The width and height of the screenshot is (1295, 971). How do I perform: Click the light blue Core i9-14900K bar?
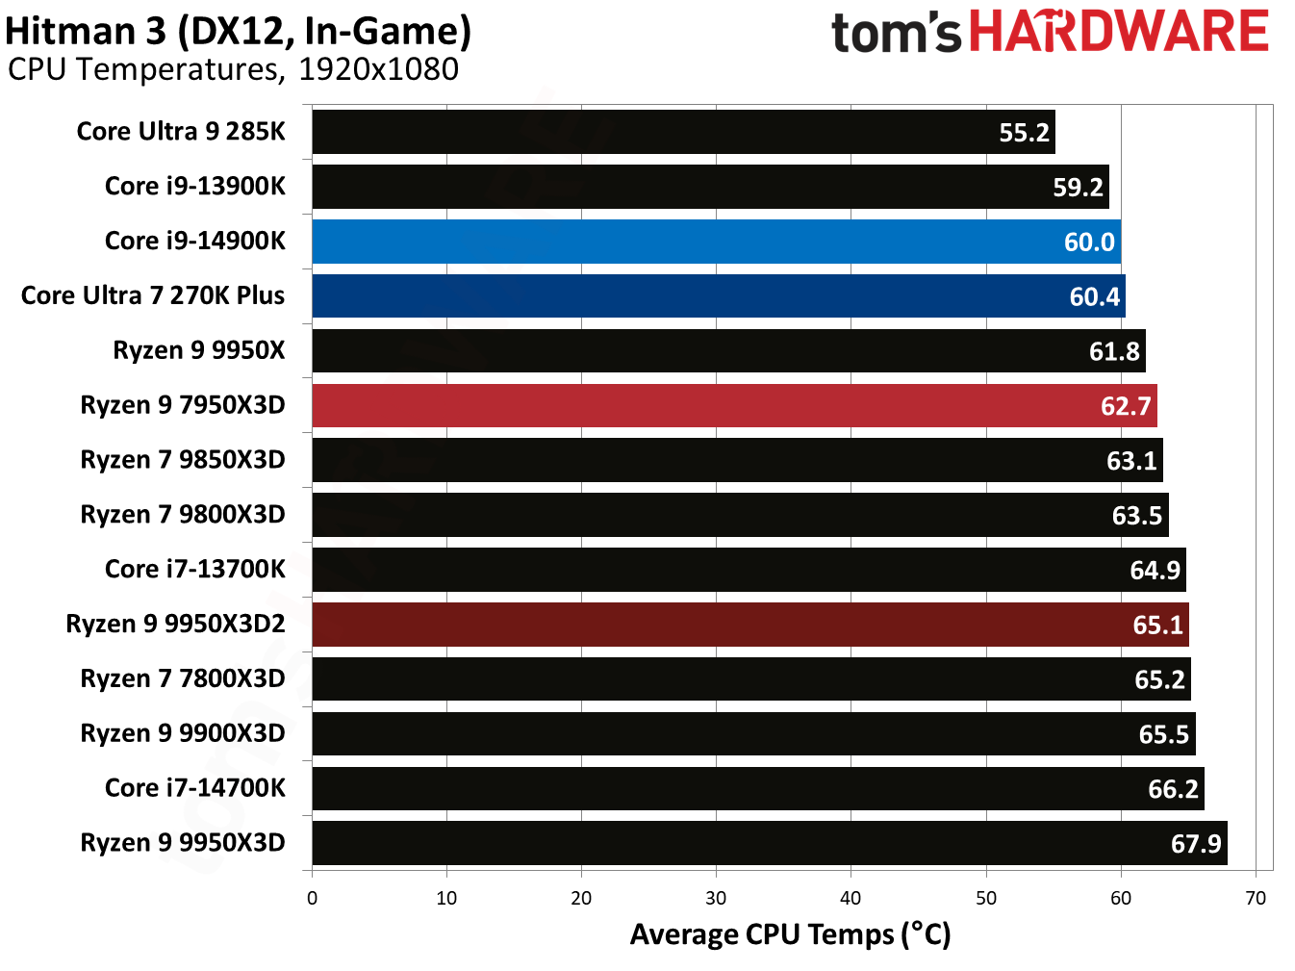(716, 242)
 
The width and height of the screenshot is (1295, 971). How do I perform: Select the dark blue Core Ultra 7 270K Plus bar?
(718, 296)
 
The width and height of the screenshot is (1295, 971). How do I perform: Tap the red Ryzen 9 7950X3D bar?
(734, 406)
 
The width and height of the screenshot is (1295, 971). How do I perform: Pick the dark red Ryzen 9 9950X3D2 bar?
(749, 625)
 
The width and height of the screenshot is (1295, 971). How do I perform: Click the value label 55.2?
(1024, 133)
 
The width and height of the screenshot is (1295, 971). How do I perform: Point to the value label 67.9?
(1196, 844)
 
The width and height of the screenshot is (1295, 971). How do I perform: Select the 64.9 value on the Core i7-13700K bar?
(1155, 571)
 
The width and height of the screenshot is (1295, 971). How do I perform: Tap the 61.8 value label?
(1114, 352)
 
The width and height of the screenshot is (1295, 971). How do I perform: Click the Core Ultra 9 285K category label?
(181, 131)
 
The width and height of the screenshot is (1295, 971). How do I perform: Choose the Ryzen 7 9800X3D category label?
(183, 515)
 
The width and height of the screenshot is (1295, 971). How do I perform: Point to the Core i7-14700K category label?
(195, 788)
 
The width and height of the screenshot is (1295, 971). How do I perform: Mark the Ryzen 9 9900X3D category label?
(183, 733)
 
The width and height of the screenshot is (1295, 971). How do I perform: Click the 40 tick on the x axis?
(851, 899)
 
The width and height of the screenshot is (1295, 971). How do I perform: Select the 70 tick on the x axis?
(1256, 899)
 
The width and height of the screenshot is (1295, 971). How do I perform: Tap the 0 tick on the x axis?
(312, 899)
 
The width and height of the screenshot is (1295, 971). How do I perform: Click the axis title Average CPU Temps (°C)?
(790, 934)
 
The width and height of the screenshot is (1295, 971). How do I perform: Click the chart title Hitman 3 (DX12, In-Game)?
(239, 32)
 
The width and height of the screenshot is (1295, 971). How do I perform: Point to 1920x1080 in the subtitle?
(378, 70)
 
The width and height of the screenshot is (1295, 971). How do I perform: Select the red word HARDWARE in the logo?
(1119, 32)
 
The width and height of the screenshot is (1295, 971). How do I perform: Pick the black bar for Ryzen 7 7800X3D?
(750, 679)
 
